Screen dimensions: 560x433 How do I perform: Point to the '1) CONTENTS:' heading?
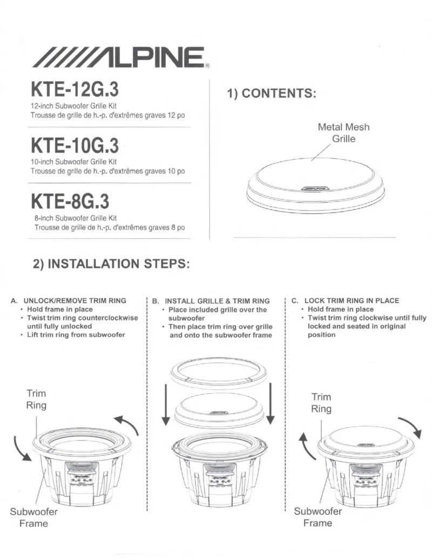[271, 93]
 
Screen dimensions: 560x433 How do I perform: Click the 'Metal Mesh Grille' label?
[343, 133]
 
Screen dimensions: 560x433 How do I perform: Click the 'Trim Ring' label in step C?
[321, 403]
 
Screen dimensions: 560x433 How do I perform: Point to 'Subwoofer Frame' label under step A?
[33, 517]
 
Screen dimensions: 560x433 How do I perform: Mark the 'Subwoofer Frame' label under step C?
[317, 517]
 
